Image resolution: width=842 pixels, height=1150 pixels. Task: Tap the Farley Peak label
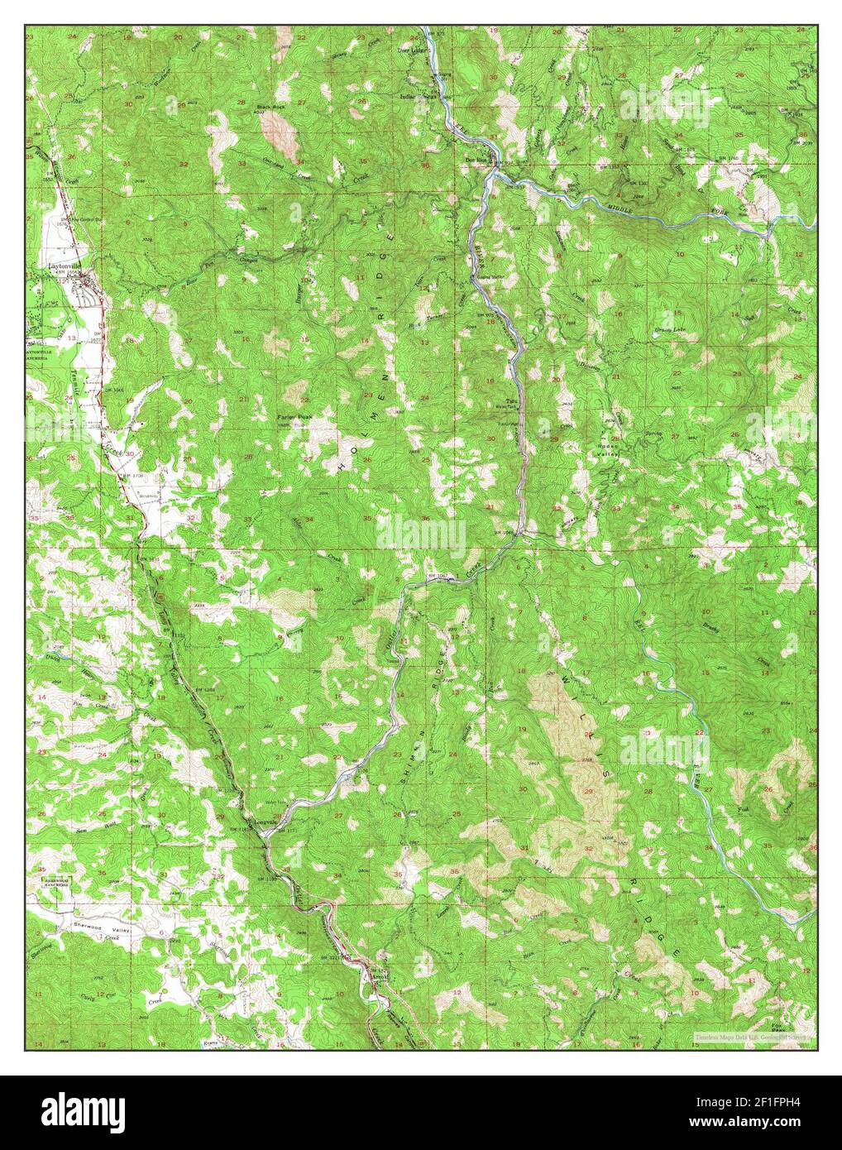[294, 417]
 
